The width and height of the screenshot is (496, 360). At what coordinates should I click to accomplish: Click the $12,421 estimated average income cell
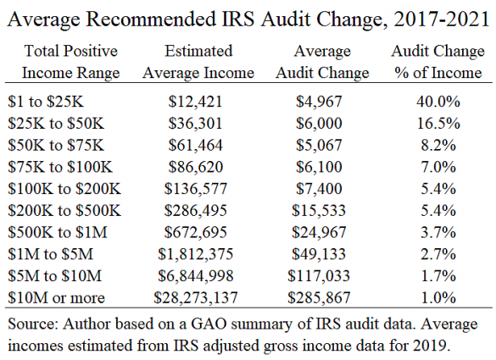(x=195, y=102)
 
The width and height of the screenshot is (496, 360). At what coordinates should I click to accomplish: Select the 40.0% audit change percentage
(x=438, y=102)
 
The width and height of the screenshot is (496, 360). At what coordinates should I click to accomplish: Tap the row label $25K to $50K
(x=56, y=124)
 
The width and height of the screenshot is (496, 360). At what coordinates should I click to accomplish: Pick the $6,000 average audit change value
(x=319, y=124)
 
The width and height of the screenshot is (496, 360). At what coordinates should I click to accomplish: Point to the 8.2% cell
(x=438, y=146)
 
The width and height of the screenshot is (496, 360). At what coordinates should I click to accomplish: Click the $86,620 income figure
(x=195, y=167)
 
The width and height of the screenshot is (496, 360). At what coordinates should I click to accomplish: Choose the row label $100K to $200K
(x=64, y=189)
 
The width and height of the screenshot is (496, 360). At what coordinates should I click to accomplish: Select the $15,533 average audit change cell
(x=319, y=211)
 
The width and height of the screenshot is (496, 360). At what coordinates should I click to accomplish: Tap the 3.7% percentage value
(x=438, y=233)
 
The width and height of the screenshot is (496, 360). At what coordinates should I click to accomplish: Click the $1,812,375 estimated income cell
(x=195, y=254)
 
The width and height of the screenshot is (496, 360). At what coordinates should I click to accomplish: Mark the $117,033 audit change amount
(x=319, y=276)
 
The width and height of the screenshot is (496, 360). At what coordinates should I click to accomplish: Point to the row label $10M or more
(x=56, y=298)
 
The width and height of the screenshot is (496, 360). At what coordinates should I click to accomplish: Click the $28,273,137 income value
(x=195, y=298)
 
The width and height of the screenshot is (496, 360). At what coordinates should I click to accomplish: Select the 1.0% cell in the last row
(x=438, y=298)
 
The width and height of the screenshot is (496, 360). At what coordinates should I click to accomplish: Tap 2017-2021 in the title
(x=442, y=19)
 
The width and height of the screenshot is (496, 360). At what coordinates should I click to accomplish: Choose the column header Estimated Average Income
(x=198, y=62)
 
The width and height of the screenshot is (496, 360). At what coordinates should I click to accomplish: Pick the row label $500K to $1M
(x=58, y=233)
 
